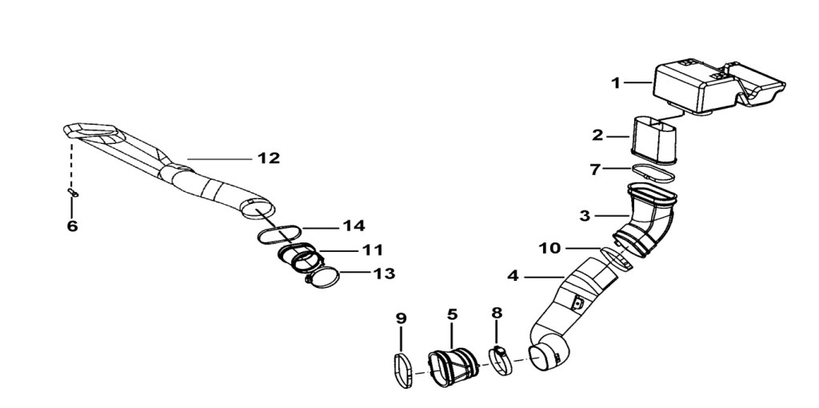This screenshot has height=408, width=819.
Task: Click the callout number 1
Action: coord(617,83)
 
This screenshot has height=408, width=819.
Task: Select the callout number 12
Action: coord(269,158)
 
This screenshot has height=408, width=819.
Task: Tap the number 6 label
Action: coord(72,226)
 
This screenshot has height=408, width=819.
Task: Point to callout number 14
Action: coord(354,226)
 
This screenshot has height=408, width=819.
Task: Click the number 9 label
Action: coord(401,318)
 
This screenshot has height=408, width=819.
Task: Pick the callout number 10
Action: coord(549,248)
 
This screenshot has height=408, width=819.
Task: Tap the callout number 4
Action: coord(513,276)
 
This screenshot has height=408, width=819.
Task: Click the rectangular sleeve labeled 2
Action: coord(654,139)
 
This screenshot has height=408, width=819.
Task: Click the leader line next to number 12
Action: coord(220,158)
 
